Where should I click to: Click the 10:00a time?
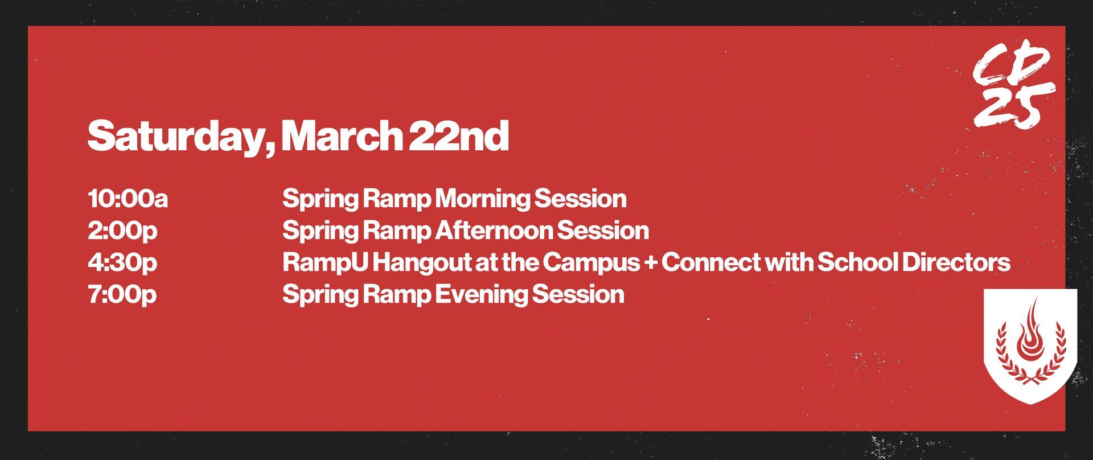point(128,199)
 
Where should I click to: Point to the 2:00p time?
point(122,231)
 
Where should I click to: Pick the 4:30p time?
point(122,263)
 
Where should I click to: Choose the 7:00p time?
point(122,295)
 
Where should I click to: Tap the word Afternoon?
point(494,231)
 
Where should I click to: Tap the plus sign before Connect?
point(651,263)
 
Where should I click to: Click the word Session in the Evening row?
point(578,295)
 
